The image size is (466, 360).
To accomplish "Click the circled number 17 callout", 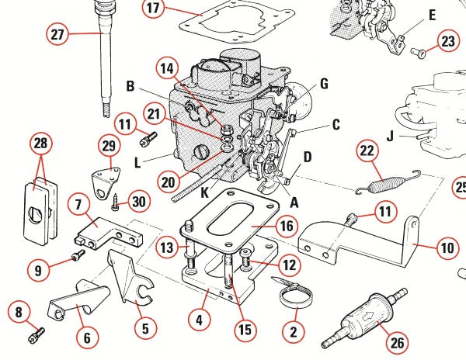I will pos(153,9).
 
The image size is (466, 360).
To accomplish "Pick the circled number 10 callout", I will pos(445,249).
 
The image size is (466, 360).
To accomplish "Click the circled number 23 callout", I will pos(448,42).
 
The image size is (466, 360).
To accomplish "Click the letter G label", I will pos(324,83).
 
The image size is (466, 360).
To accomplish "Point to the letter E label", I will pos(432,14).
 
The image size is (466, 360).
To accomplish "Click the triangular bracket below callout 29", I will pos(102,179).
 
